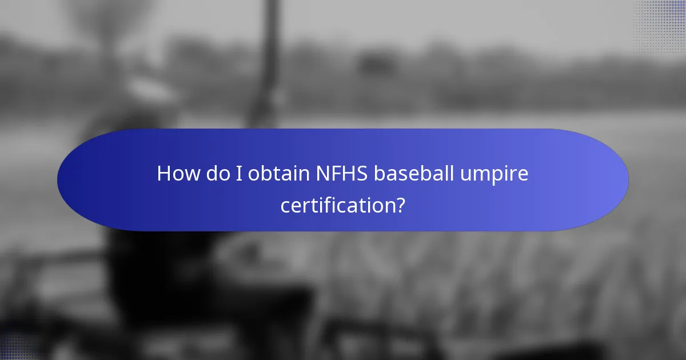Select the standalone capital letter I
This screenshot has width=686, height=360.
[239, 174]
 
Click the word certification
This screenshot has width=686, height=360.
[337, 205]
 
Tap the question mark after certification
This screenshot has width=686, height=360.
[400, 205]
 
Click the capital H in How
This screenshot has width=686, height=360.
[164, 174]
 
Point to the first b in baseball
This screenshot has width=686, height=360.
[380, 174]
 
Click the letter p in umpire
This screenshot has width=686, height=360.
[502, 176]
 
